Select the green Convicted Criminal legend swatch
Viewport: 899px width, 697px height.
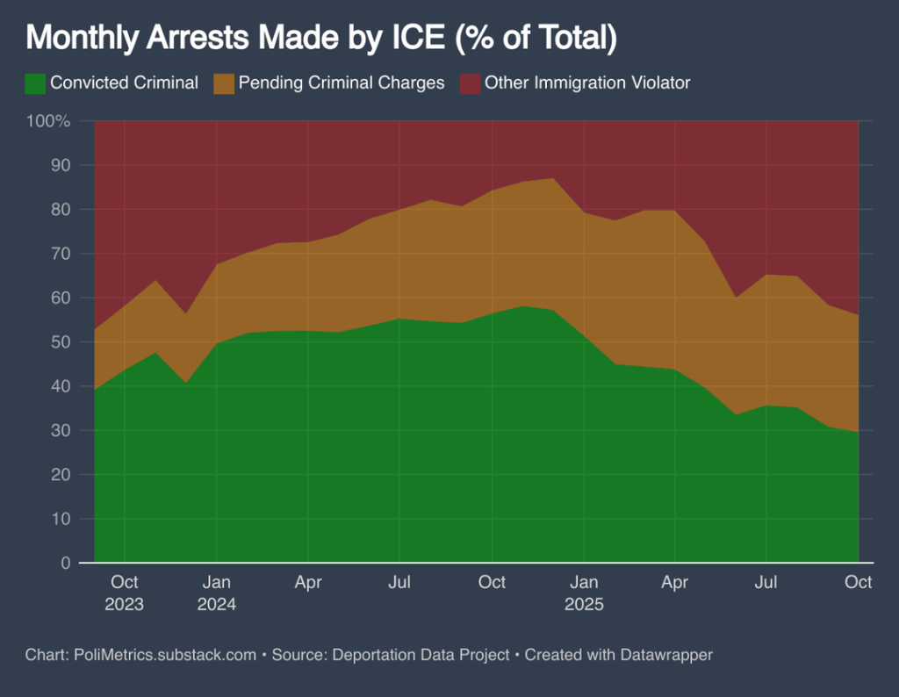[x=35, y=83]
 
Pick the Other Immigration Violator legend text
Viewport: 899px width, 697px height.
[x=587, y=83]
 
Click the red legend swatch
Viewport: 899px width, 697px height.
[x=471, y=83]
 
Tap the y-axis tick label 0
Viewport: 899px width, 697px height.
[x=65, y=563]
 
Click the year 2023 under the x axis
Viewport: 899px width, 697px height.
[x=124, y=605]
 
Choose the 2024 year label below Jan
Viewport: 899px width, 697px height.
[x=216, y=605]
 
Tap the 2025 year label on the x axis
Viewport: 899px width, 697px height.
[x=584, y=605]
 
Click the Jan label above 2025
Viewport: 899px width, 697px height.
[x=584, y=582]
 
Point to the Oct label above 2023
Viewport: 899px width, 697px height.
[x=124, y=582]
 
